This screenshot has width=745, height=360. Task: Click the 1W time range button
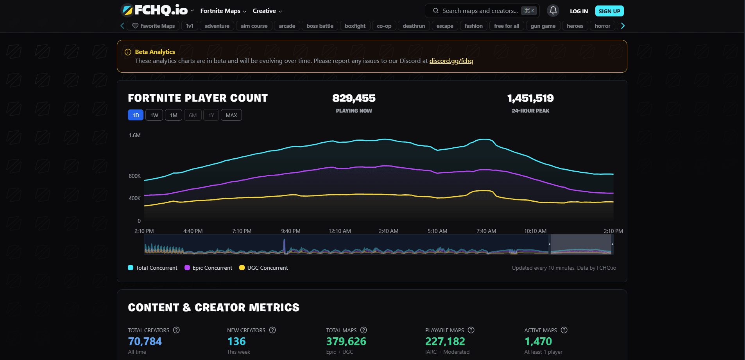tap(154, 115)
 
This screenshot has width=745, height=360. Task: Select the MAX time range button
tap(231, 115)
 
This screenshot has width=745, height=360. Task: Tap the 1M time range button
tap(174, 115)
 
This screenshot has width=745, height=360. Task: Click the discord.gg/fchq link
tap(451, 61)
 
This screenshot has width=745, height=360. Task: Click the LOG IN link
tap(579, 11)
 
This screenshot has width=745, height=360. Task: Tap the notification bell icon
tap(553, 11)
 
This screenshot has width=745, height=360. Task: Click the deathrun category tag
tap(414, 26)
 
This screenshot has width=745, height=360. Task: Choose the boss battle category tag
tap(320, 26)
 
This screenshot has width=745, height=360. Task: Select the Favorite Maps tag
tap(154, 26)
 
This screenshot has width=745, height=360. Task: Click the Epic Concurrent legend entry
tap(208, 268)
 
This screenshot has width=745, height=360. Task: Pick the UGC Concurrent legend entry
tap(263, 268)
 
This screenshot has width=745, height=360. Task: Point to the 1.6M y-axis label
tap(135, 135)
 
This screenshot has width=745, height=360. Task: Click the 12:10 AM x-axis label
tap(340, 231)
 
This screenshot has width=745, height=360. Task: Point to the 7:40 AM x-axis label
tap(486, 231)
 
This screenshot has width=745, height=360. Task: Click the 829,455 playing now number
tap(354, 98)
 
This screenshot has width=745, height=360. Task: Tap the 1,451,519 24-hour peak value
tap(530, 98)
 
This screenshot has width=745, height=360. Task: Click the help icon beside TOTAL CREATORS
tap(176, 330)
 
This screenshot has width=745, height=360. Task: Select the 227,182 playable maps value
tap(445, 342)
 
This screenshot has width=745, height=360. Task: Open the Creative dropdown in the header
tap(267, 11)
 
